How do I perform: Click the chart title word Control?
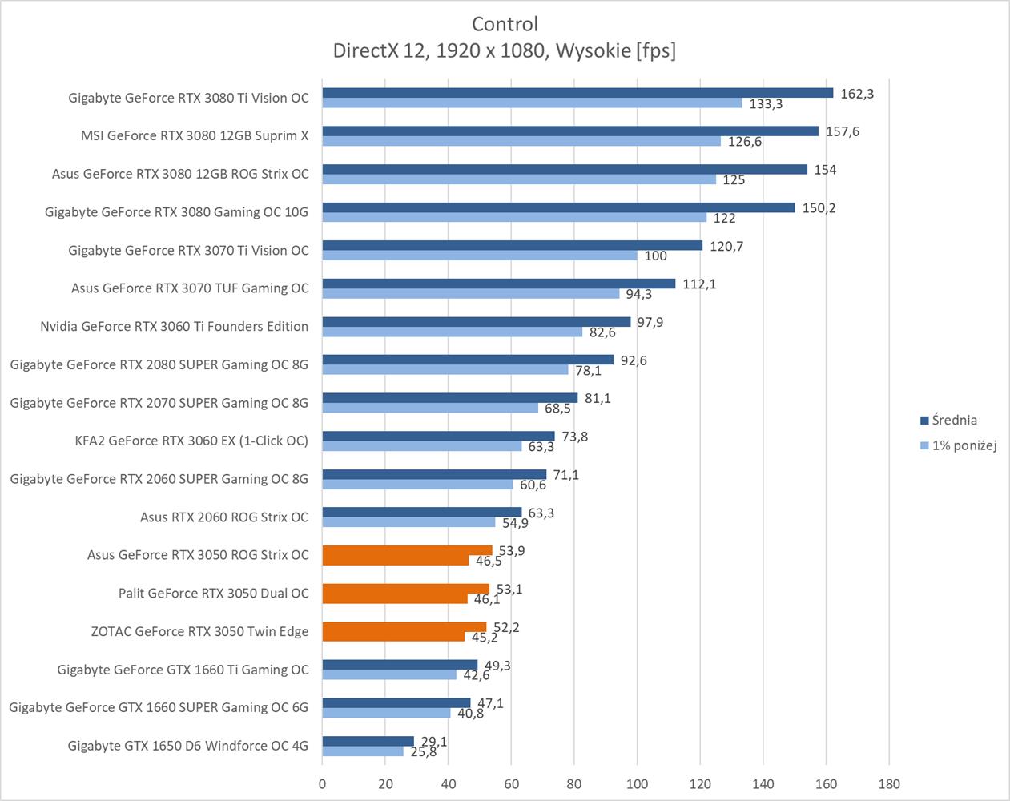click(505, 24)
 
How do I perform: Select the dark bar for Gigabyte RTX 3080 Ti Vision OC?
click(577, 93)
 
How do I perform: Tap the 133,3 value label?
click(766, 104)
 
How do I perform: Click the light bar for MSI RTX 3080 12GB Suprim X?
click(521, 142)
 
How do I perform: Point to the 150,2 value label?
click(819, 208)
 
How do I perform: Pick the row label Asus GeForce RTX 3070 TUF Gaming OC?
click(190, 288)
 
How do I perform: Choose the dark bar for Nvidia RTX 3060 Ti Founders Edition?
click(476, 322)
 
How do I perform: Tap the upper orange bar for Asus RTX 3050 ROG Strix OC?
click(407, 550)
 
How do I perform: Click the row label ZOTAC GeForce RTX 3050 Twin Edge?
click(199, 631)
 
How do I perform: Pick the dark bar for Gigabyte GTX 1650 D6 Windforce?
click(368, 741)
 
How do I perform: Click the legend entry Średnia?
click(954, 420)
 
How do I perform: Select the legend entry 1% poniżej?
click(964, 445)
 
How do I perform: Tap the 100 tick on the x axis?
click(637, 784)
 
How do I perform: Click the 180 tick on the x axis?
click(888, 784)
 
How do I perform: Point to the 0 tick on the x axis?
click(322, 784)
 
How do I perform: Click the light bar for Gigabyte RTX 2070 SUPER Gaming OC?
click(430, 409)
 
